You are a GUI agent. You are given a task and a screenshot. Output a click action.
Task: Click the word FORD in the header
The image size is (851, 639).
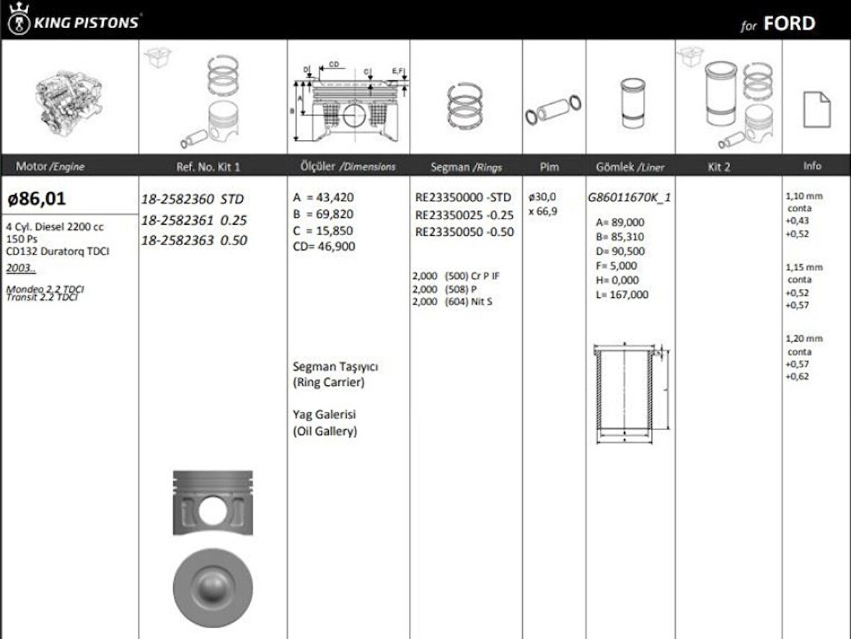pyautogui.click(x=789, y=23)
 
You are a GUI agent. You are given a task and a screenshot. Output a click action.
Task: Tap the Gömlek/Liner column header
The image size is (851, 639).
pyautogui.click(x=630, y=167)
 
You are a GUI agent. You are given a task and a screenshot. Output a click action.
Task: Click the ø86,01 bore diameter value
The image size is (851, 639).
pyautogui.click(x=36, y=198)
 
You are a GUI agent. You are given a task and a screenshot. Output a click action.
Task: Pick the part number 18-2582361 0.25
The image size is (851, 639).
pyautogui.click(x=193, y=220)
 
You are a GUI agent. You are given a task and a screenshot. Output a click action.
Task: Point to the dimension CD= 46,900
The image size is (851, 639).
pyautogui.click(x=324, y=246)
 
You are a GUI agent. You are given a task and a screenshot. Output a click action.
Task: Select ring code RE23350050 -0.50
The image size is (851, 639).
pyautogui.click(x=464, y=232)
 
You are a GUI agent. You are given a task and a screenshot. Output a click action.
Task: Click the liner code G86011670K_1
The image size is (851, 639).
pyautogui.click(x=630, y=197)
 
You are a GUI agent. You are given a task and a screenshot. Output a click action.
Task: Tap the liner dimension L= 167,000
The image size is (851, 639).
pyautogui.click(x=621, y=294)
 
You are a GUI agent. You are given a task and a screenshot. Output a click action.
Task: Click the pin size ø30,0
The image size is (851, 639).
pyautogui.click(x=542, y=196)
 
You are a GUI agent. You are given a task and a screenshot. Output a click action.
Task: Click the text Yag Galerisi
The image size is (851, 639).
pyautogui.click(x=325, y=415)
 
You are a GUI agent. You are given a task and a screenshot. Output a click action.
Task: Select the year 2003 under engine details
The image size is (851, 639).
pyautogui.click(x=20, y=268)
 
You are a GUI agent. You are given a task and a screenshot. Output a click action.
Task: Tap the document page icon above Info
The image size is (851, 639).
pyautogui.click(x=816, y=110)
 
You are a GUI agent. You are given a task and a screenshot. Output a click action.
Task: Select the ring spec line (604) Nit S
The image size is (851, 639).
pyautogui.click(x=452, y=301)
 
